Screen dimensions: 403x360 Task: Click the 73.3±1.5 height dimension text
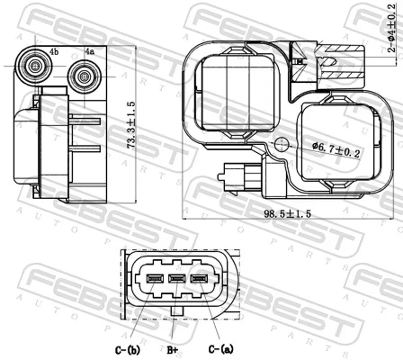[131, 125]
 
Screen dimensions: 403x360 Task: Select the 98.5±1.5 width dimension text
[288, 214]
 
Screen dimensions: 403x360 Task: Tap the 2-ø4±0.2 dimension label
[391, 28]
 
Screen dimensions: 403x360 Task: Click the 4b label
[54, 52]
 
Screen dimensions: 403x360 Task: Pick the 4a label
[90, 52]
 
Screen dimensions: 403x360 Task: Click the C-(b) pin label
[127, 350]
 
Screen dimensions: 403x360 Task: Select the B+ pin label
[172, 350]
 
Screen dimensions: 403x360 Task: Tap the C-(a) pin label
[221, 349]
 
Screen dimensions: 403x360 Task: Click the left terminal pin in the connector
[155, 278]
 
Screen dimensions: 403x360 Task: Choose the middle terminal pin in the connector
[177, 278]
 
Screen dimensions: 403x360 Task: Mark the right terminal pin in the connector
[199, 278]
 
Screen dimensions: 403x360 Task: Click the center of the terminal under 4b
[35, 66]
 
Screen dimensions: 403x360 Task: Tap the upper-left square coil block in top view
[236, 93]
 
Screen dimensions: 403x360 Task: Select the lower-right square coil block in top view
[338, 142]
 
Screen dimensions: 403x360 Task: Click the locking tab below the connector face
[177, 311]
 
